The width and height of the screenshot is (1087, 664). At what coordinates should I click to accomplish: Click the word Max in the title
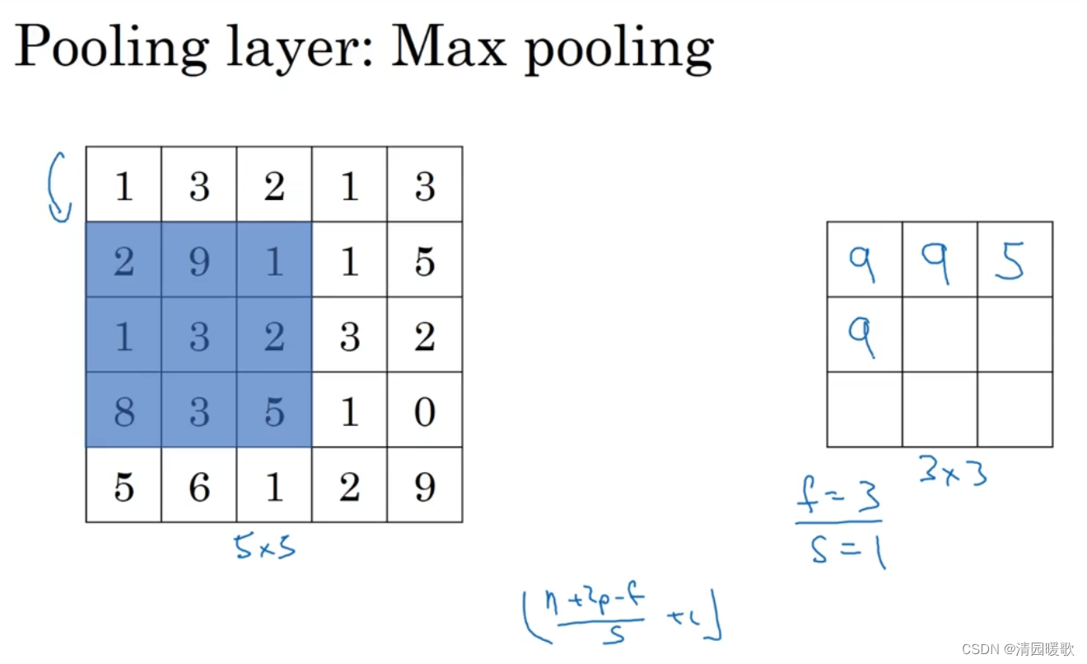(446, 48)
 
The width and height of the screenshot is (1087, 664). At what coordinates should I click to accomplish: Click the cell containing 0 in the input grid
(424, 410)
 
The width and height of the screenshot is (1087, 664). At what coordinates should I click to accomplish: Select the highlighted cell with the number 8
(124, 410)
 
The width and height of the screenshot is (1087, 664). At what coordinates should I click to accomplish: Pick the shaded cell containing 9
(198, 260)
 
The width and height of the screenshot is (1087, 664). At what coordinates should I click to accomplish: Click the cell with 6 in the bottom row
(198, 485)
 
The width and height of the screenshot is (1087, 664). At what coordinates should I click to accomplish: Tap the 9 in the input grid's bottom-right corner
(424, 485)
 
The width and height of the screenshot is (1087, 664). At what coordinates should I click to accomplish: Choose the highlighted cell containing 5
(273, 410)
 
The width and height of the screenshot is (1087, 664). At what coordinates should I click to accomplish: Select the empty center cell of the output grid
(940, 334)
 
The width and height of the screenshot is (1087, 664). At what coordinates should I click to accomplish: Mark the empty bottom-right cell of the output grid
(1015, 409)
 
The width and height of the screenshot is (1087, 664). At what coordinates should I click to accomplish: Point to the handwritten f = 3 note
(838, 498)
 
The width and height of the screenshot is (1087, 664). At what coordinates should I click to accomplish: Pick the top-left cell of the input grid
(124, 185)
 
